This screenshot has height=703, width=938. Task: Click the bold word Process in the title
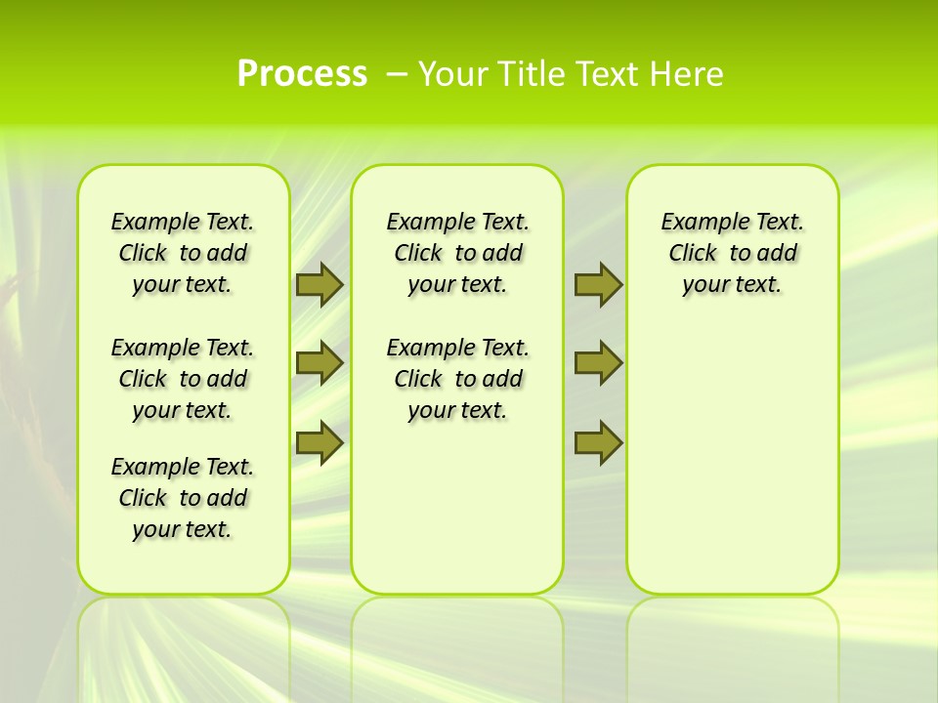point(302,74)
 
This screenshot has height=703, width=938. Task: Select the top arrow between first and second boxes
point(320,284)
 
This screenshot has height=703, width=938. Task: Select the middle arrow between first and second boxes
point(320,363)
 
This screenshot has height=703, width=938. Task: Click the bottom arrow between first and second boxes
point(320,442)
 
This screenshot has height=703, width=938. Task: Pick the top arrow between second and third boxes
point(598,284)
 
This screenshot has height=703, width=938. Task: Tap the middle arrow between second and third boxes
point(598,363)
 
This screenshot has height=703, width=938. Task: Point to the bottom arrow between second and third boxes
point(598,442)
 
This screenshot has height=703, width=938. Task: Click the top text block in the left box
point(183,253)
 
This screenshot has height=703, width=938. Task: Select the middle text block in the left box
point(183,379)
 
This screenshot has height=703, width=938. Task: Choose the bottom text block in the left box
point(183,498)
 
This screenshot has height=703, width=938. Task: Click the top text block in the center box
point(457,253)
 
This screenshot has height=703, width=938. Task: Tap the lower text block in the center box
point(457,379)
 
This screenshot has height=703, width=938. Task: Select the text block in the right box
point(733,253)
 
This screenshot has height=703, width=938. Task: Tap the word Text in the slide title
point(610,74)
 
